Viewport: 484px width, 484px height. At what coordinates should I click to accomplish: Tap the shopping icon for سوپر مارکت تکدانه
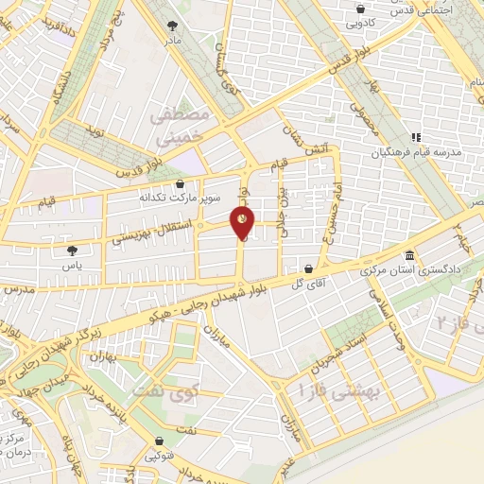pos(181,183)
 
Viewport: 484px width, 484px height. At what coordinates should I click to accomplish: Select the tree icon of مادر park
pos(171,27)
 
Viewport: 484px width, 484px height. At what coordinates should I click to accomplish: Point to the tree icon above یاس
pos(73,251)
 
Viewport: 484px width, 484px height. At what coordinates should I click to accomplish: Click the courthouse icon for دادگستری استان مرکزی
pos(408,256)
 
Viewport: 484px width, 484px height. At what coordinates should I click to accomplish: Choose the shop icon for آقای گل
pos(308,268)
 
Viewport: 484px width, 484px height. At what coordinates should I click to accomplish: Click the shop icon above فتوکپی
pos(156,441)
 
